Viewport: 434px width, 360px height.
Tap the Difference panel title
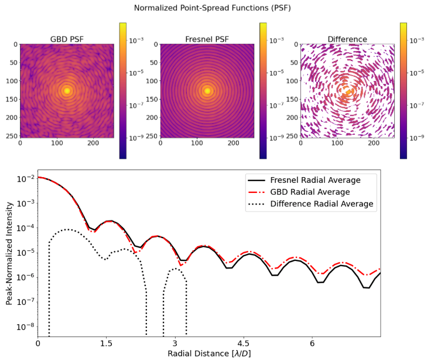pos(347,39)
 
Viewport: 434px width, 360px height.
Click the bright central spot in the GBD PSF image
pos(67,90)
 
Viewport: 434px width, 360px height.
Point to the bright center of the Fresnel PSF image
pos(207,90)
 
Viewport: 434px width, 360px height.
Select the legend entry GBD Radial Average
pos(319,192)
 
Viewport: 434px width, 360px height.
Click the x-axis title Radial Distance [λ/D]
pos(209,354)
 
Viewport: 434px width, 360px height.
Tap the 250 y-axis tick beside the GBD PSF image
pos(11,135)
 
